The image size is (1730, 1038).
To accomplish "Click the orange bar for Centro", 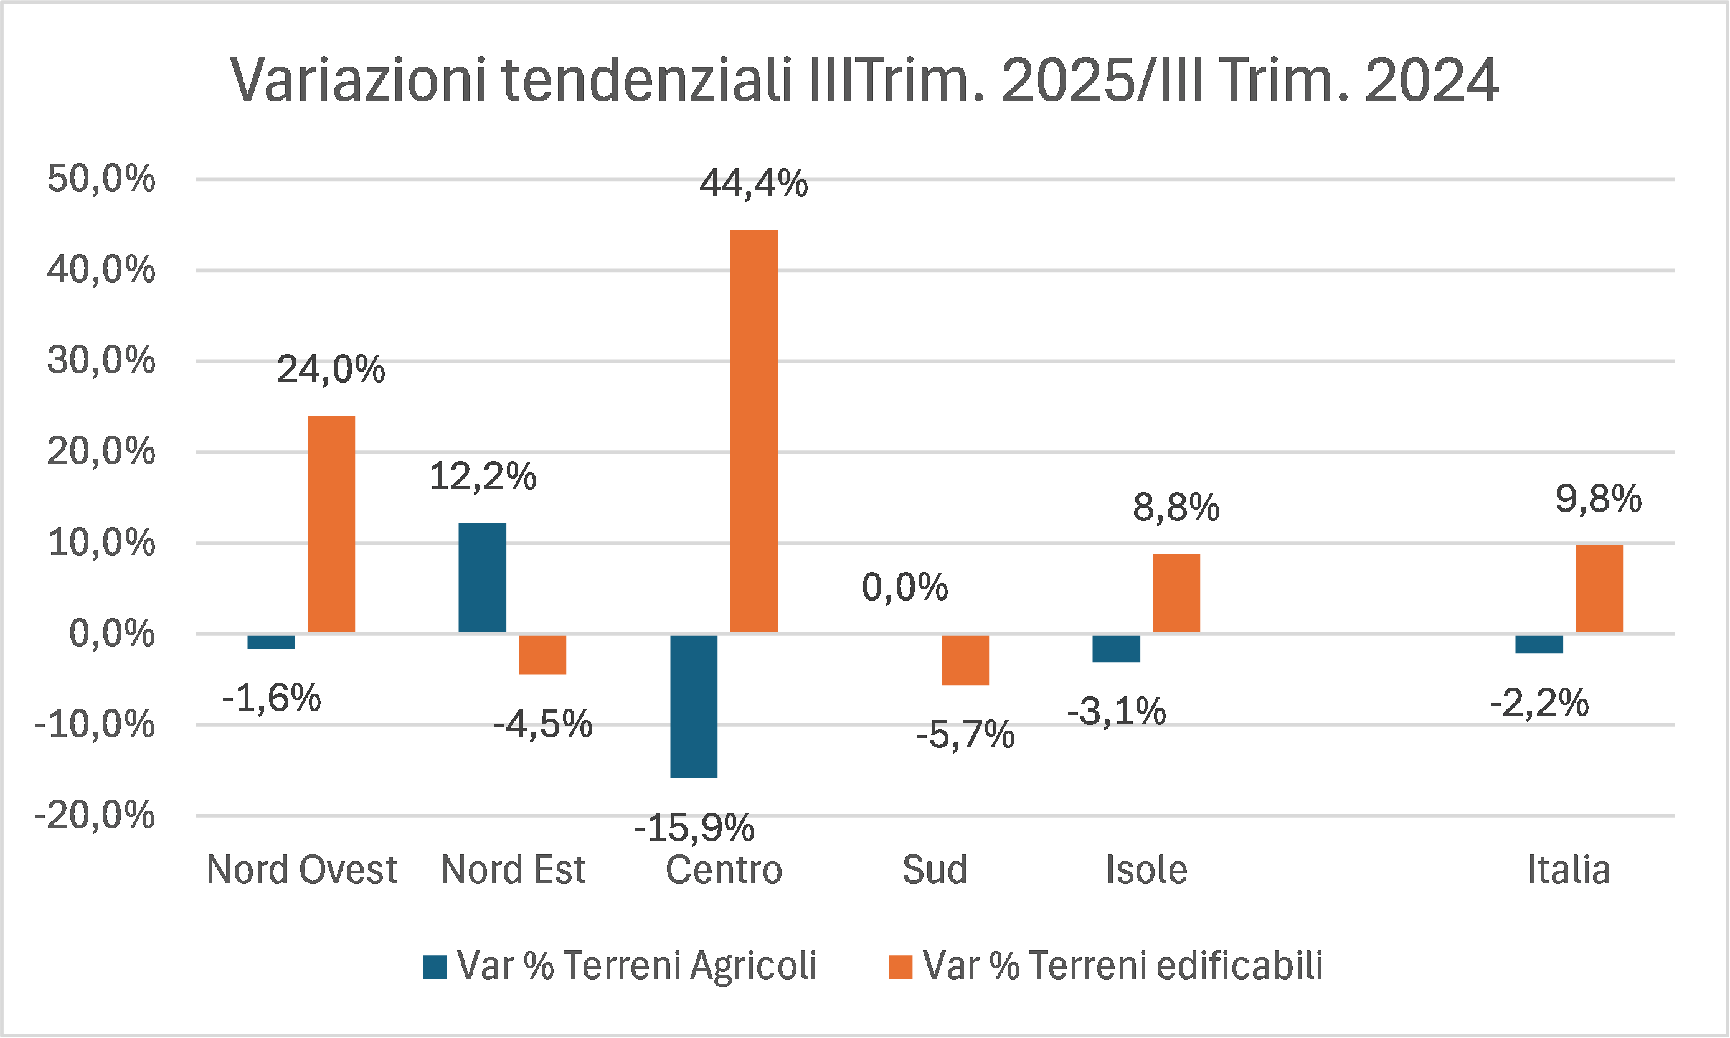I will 754,431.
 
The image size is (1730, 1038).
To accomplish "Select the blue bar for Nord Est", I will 482,577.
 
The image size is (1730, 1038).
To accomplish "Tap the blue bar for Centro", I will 694,706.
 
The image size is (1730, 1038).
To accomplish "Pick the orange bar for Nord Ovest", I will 331,525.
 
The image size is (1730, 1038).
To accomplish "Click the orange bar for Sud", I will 965,660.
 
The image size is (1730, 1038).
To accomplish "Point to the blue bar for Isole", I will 1116,648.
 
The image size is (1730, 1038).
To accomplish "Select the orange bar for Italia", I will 1599,588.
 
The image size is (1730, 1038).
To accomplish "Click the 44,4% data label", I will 754,184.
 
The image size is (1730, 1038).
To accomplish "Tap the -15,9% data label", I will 694,828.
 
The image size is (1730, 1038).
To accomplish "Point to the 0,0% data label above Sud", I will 904,587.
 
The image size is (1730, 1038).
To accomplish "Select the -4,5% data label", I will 542,724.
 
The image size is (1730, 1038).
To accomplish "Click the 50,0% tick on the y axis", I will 101,179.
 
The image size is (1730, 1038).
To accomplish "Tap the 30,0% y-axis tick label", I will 101,361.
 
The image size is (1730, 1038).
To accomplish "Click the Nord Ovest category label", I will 301,870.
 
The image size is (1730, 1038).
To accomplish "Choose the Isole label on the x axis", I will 1146,870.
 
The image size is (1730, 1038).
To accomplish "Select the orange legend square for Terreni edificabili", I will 900,966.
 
